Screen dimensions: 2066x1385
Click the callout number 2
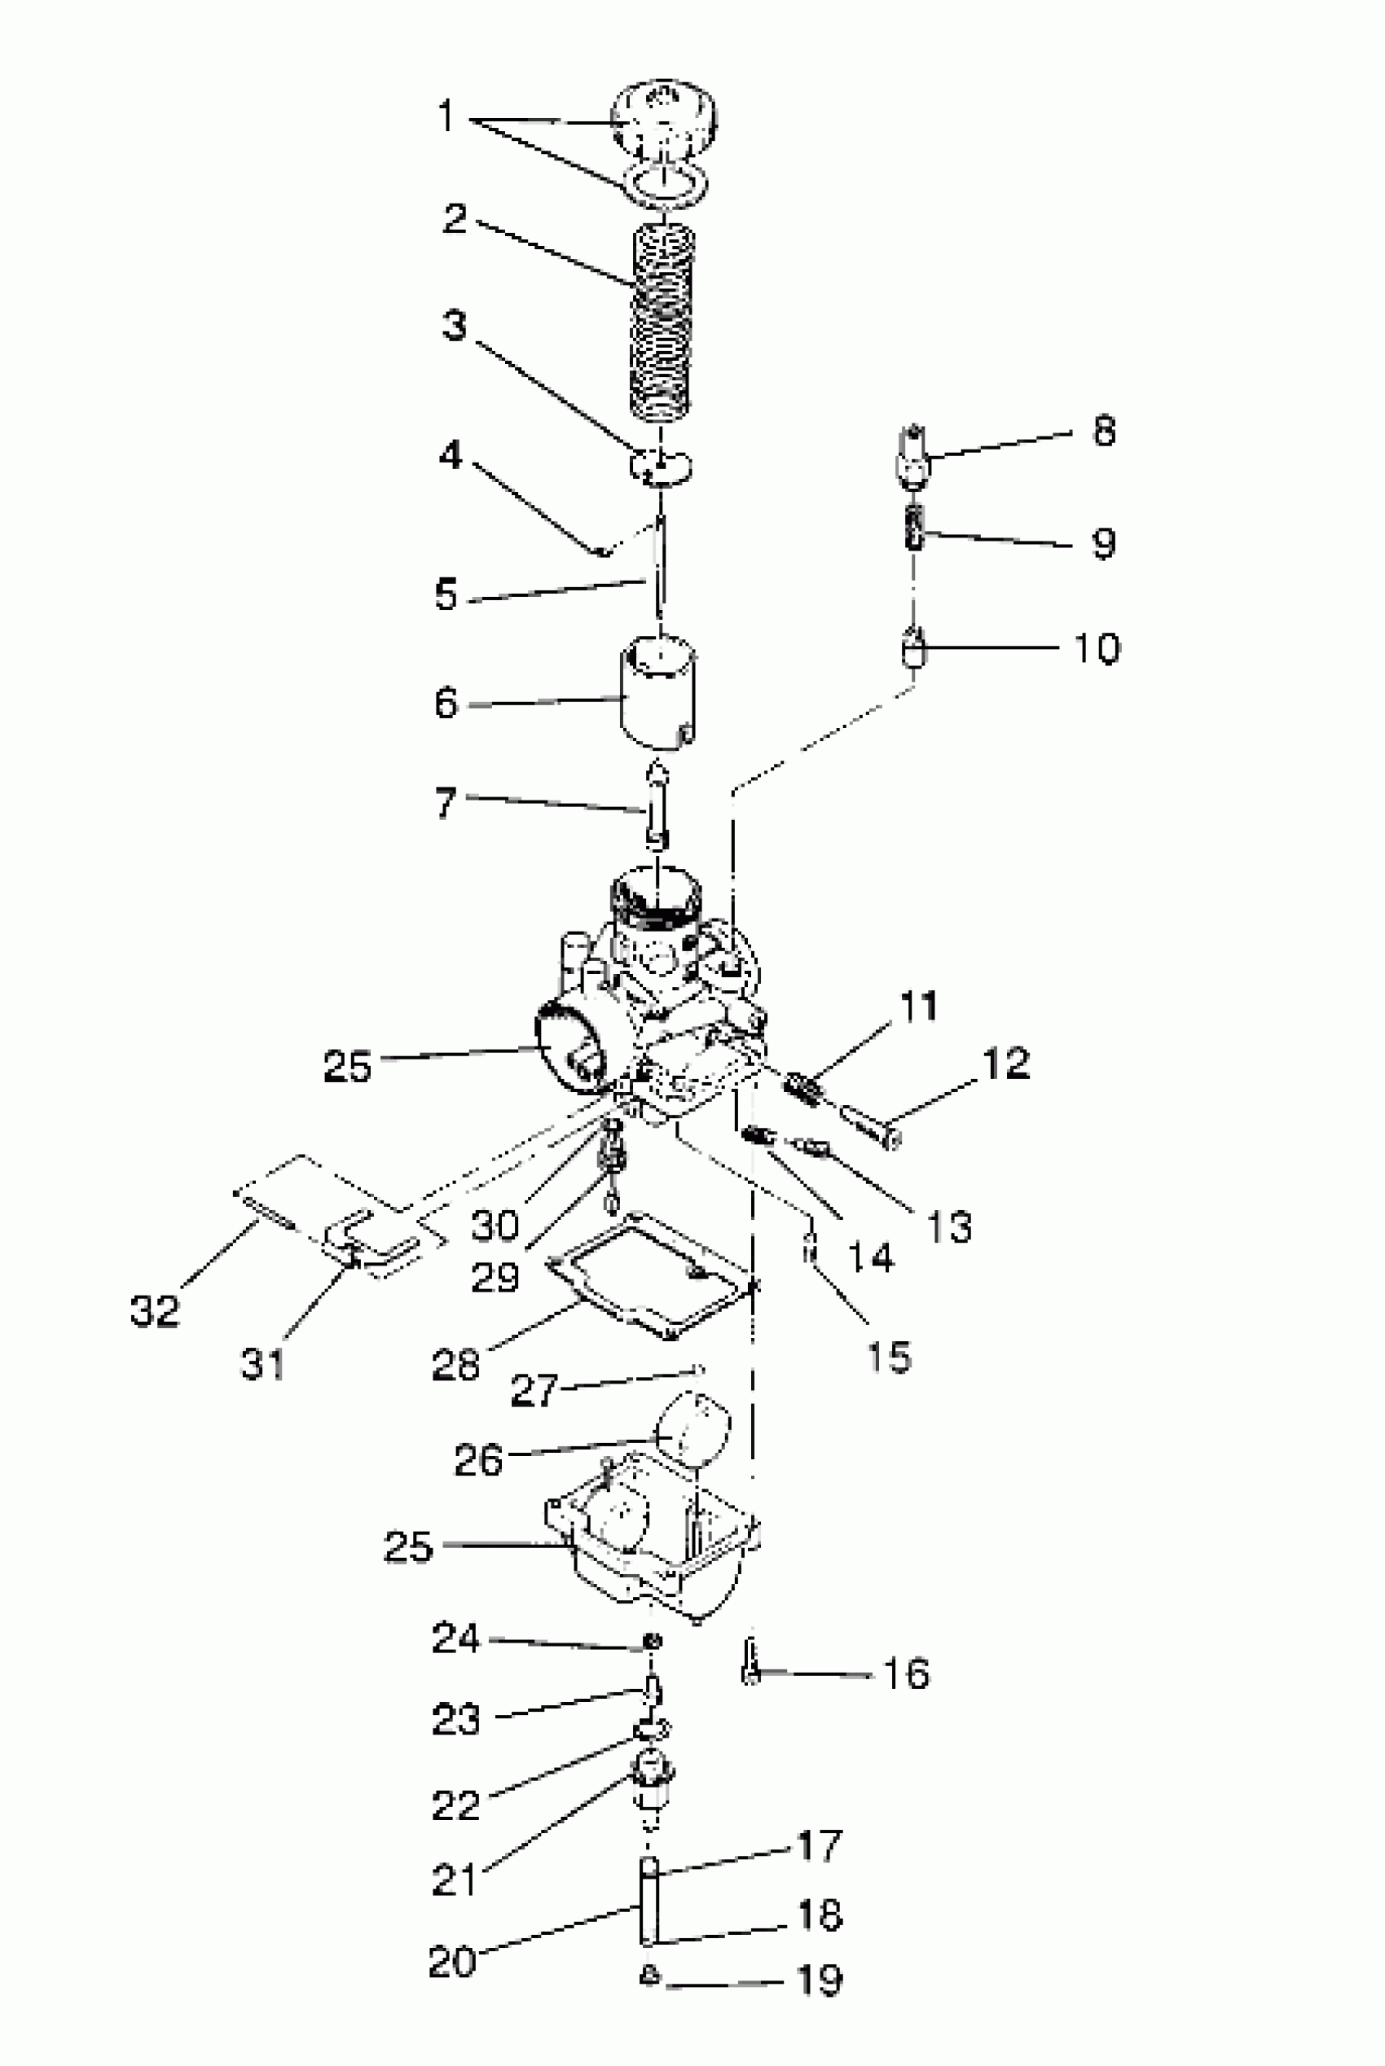455,218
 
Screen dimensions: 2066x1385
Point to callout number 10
1096,648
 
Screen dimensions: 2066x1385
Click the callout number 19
819,1980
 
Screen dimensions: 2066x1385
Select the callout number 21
455,1879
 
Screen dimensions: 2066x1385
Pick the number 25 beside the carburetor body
347,1066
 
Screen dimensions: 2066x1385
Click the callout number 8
1104,431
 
